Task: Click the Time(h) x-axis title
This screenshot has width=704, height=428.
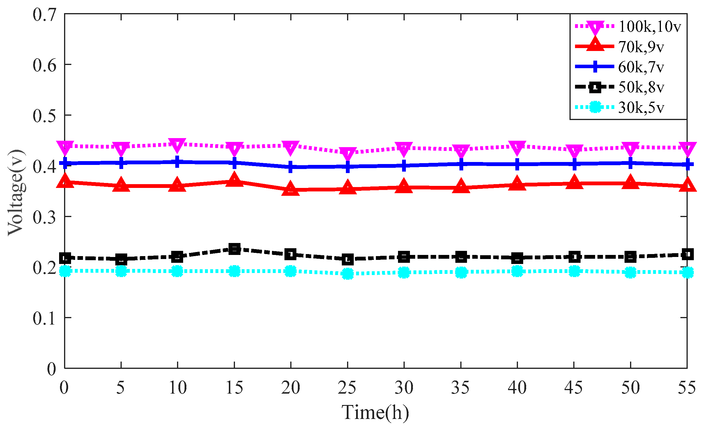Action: click(x=375, y=412)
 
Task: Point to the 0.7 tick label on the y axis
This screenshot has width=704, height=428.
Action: click(x=44, y=15)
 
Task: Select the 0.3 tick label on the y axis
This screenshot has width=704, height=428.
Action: click(x=44, y=217)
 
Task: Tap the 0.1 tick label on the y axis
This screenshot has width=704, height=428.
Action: click(x=44, y=318)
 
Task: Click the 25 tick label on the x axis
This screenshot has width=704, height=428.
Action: click(x=347, y=388)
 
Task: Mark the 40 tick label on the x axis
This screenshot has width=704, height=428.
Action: click(x=517, y=388)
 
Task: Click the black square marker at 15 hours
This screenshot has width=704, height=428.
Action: click(x=234, y=249)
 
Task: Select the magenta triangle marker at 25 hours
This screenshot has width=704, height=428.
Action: click(x=347, y=153)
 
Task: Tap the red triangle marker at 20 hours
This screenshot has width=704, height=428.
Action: click(x=291, y=189)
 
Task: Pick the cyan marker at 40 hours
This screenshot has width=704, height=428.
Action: click(x=517, y=272)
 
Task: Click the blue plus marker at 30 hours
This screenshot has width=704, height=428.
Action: click(x=404, y=165)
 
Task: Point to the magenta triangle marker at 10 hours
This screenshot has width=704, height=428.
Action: click(x=177, y=145)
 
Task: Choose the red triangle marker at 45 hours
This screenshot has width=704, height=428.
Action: click(x=574, y=182)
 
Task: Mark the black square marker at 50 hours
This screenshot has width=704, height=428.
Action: click(x=630, y=257)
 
